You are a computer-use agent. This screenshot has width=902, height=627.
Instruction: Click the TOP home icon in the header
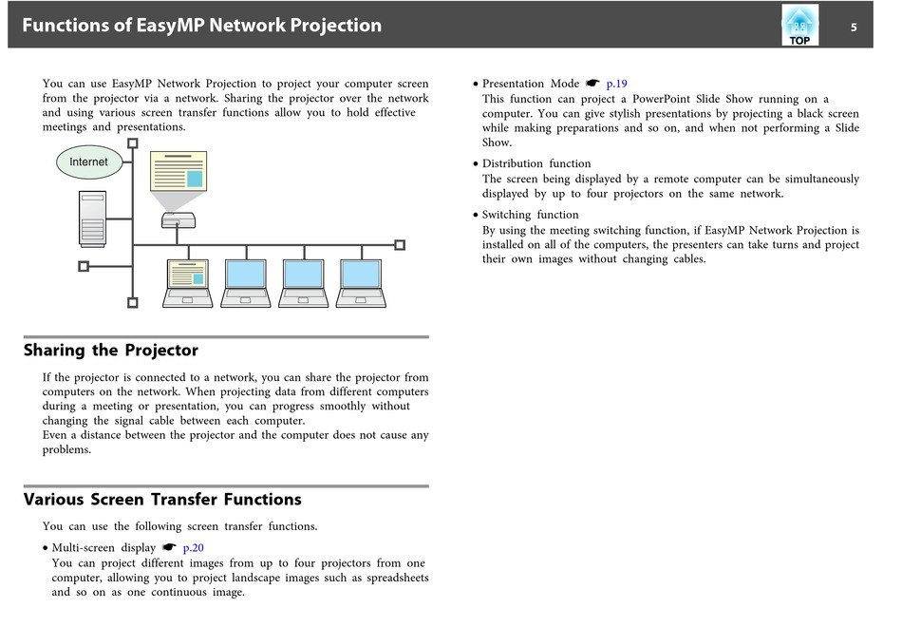799,26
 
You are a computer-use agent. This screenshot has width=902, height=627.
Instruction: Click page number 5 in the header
854,27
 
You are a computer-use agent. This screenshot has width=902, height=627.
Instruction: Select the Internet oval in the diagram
88,162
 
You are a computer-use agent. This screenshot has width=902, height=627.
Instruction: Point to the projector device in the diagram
178,221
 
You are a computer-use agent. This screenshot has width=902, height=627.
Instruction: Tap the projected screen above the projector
178,170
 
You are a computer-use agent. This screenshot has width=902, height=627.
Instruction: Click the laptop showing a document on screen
187,283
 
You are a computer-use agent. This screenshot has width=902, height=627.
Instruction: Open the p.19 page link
616,84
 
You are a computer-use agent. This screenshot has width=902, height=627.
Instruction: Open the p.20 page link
193,547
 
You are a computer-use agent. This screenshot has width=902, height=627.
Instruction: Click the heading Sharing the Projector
111,351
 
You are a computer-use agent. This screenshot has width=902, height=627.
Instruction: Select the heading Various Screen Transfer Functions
162,500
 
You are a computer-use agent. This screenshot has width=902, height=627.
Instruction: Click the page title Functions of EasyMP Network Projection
201,26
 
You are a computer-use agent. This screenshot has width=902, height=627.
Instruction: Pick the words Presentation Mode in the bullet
531,84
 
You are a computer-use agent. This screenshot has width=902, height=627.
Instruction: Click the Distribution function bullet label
536,163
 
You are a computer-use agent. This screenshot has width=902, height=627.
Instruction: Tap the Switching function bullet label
530,215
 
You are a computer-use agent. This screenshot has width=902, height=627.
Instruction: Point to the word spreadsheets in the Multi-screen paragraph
389,578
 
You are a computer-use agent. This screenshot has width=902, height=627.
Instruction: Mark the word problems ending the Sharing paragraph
66,450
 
